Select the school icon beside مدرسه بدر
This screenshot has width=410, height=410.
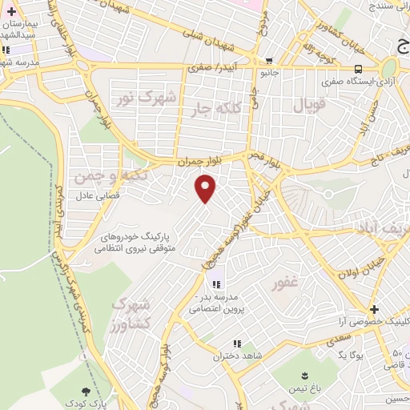click(215, 284)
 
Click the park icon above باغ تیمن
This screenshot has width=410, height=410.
click(305, 376)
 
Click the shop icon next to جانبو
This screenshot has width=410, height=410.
click(269, 60)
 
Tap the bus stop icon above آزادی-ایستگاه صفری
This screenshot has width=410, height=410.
click(360, 69)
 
